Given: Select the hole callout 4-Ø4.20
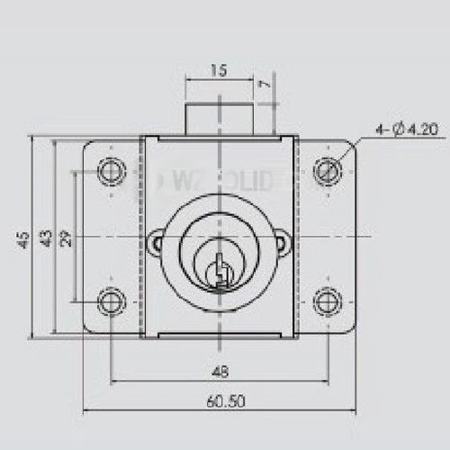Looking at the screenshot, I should point(407,130).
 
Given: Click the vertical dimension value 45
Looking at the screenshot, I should point(21,238).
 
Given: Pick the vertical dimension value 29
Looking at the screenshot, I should point(64,238).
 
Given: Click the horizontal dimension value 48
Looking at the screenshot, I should point(219,370).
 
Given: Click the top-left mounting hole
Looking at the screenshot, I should point(112,170).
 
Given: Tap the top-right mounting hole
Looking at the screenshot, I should point(327,170).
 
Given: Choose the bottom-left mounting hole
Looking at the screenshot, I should point(112,301).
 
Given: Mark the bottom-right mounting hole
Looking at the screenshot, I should point(327,301).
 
